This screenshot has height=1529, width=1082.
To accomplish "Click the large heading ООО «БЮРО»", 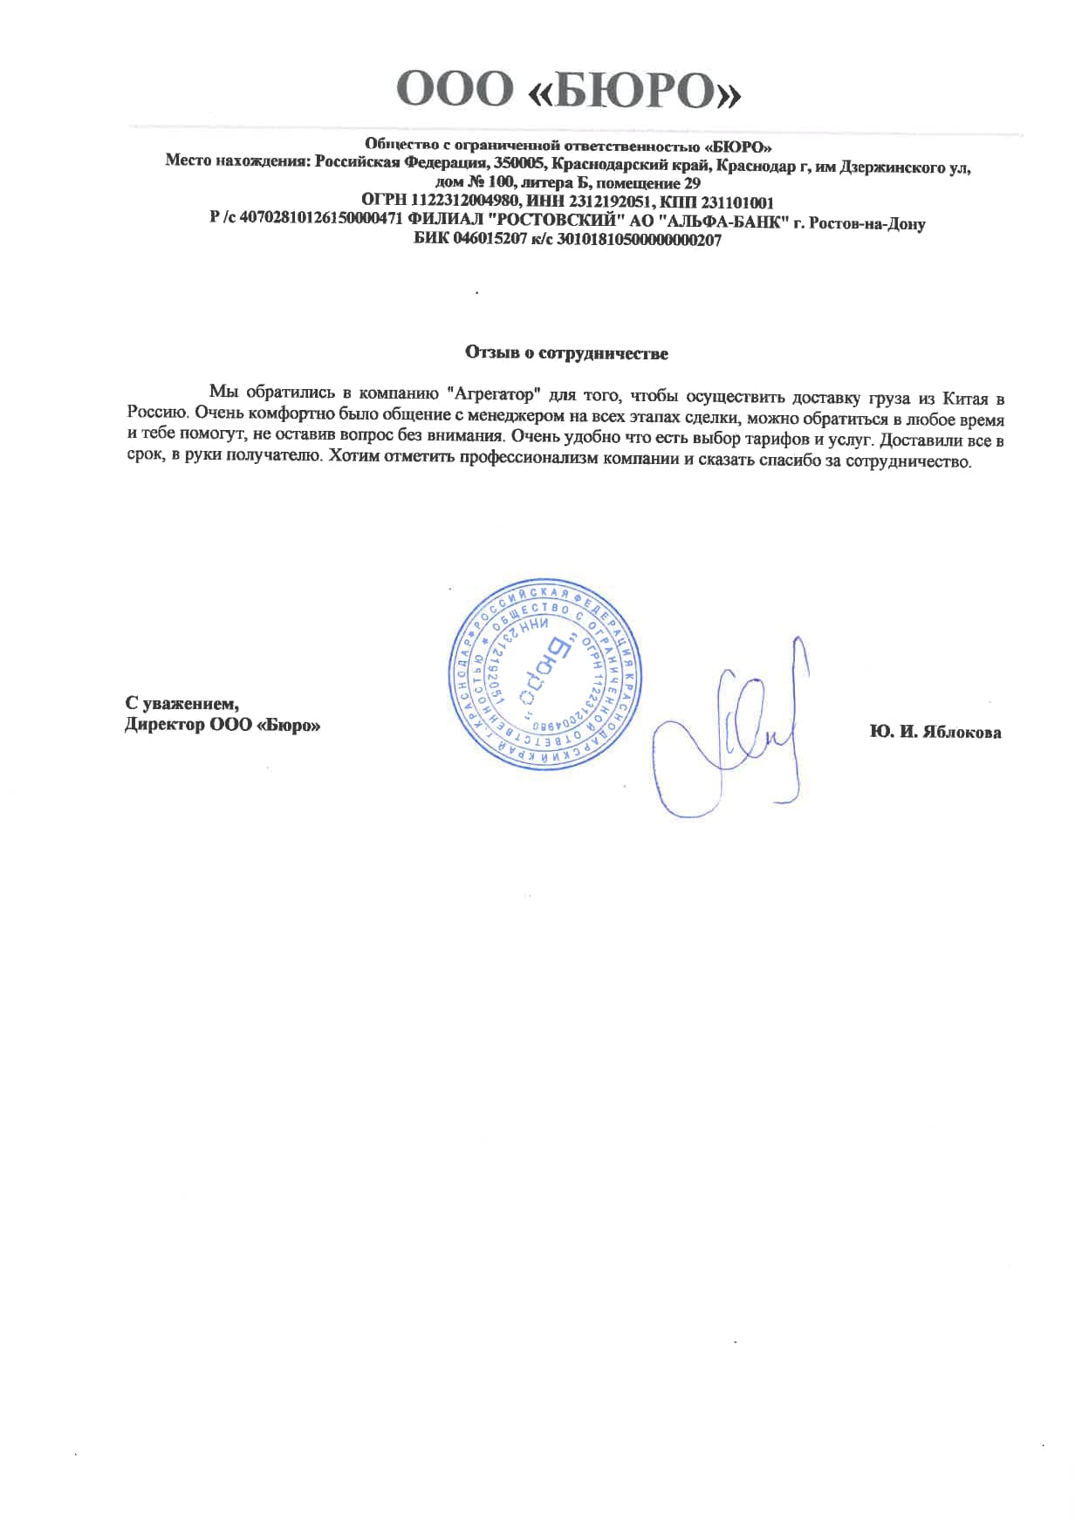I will (x=568, y=90).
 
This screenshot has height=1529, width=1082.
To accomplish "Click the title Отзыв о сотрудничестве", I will (x=566, y=353).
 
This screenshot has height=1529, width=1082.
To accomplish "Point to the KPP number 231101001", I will (x=736, y=202).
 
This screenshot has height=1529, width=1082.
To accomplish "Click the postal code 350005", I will (x=521, y=163).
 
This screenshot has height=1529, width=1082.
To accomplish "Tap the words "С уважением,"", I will (x=182, y=703).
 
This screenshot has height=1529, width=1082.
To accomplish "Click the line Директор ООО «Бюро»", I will (x=223, y=725).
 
